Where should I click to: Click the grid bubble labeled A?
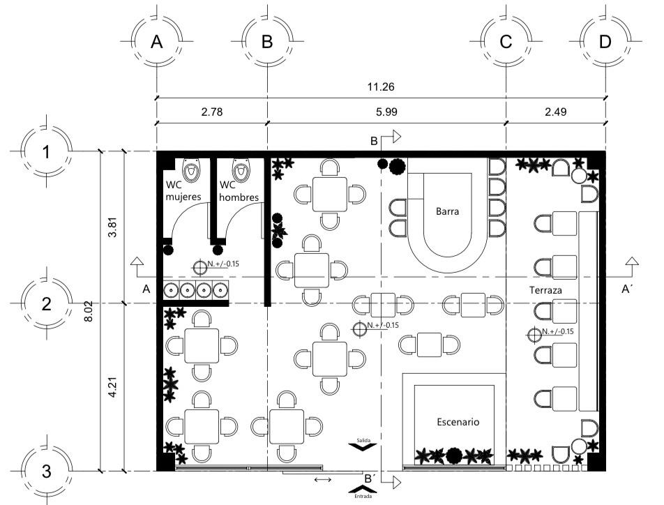(x=157, y=42)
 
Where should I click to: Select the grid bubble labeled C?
(x=506, y=42)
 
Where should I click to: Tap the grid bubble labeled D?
(x=605, y=42)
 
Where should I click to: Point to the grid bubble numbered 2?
(x=46, y=303)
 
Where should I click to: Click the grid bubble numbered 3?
(x=46, y=471)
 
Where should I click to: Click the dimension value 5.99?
(x=386, y=110)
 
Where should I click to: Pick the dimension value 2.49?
(x=555, y=110)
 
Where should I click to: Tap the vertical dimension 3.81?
(x=113, y=227)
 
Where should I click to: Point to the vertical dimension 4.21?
(x=113, y=387)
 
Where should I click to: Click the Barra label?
(x=447, y=211)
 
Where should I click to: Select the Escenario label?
(x=458, y=422)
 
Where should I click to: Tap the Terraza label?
(x=546, y=289)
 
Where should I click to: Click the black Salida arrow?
(x=363, y=449)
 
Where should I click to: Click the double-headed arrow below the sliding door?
(x=323, y=480)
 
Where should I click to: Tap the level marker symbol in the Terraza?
(x=535, y=335)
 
